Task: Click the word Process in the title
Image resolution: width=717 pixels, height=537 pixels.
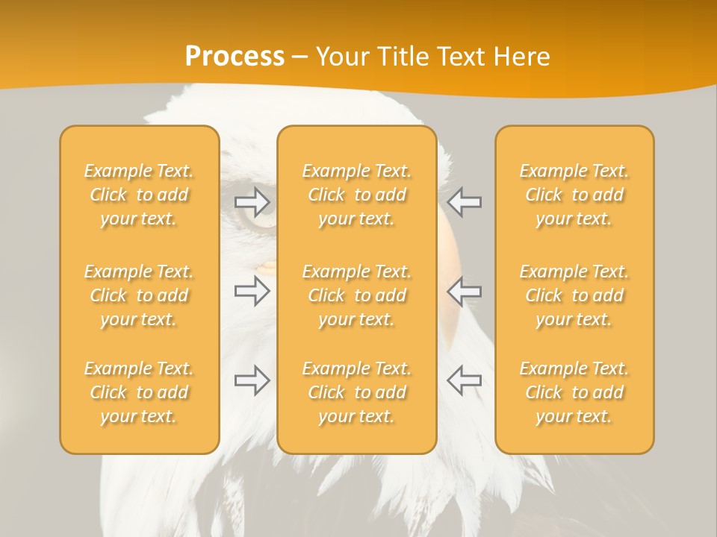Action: click(x=235, y=57)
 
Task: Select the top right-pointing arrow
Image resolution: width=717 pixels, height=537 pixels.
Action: click(x=252, y=201)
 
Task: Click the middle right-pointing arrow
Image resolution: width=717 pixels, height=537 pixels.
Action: click(x=252, y=291)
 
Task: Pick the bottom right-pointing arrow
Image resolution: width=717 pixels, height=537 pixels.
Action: click(x=252, y=380)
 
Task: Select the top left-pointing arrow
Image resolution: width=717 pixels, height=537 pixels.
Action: click(x=464, y=201)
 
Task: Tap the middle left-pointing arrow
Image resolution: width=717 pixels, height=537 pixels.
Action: click(x=464, y=291)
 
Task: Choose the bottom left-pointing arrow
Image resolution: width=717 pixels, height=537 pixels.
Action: click(x=464, y=380)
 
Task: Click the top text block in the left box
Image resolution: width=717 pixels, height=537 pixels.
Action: click(x=139, y=195)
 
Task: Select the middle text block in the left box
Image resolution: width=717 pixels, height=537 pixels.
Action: click(x=139, y=295)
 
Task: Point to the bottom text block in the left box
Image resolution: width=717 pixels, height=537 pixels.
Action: click(x=139, y=392)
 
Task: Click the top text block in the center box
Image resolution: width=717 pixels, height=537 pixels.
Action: click(x=356, y=195)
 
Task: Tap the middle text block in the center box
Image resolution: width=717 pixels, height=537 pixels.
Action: click(x=356, y=295)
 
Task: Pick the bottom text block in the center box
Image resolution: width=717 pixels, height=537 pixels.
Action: click(x=356, y=392)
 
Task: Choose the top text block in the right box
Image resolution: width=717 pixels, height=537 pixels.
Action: click(x=574, y=195)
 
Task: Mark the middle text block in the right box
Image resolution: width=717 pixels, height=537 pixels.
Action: click(x=574, y=295)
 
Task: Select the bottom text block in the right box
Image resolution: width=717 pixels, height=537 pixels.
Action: click(x=574, y=392)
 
